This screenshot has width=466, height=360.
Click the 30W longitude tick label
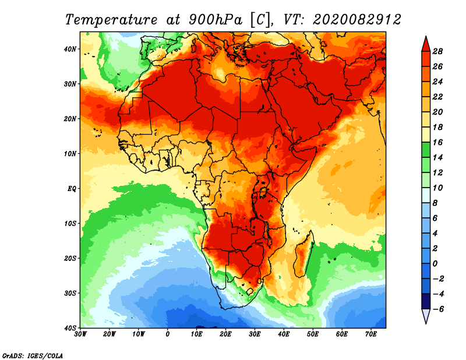[x=81, y=334]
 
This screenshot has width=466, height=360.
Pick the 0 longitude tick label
[x=168, y=334]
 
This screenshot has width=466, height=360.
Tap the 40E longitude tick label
[x=284, y=334]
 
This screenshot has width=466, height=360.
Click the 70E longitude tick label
[x=371, y=334]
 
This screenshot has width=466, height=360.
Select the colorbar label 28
[x=439, y=51]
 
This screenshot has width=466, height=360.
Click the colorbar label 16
[x=439, y=142]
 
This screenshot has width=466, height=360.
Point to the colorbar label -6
[x=437, y=308]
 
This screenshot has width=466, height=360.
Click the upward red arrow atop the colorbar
[x=426, y=43]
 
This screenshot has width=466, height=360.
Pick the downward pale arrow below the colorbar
[x=426, y=316]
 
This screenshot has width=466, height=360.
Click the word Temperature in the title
[x=111, y=19]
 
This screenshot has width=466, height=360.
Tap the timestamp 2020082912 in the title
[x=357, y=19]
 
